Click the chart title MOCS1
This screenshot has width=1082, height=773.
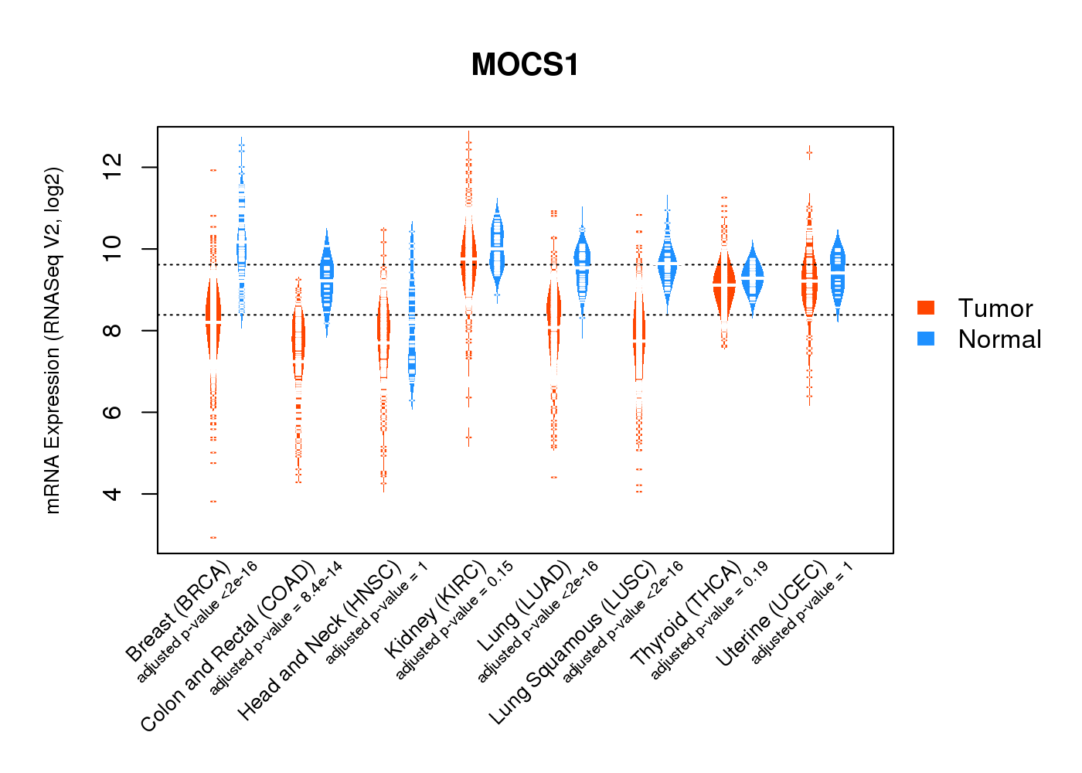click(x=525, y=65)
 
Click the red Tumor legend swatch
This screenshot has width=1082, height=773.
click(x=926, y=308)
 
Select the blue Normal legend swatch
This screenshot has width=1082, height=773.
click(x=926, y=339)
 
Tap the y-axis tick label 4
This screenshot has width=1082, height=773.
click(x=113, y=494)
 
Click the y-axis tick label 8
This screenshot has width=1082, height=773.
click(x=113, y=331)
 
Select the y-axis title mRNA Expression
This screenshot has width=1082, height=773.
click(x=53, y=340)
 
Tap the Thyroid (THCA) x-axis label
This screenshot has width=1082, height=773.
click(x=686, y=614)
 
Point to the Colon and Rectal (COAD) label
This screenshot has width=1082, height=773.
click(x=228, y=646)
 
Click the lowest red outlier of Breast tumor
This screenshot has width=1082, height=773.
click(x=213, y=537)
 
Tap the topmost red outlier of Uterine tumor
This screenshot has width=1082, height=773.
click(x=809, y=153)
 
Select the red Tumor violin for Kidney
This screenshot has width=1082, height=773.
click(x=468, y=259)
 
